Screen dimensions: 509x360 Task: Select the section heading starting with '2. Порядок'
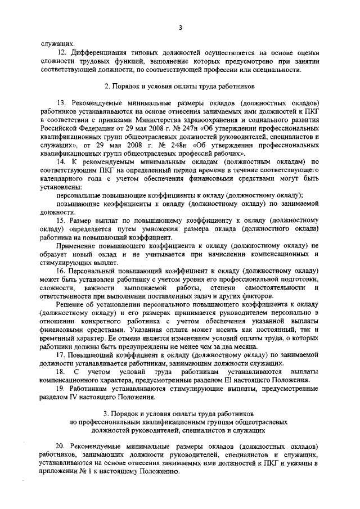pyautogui.click(x=180, y=87)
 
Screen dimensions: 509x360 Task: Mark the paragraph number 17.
pyautogui.click(x=61, y=355)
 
